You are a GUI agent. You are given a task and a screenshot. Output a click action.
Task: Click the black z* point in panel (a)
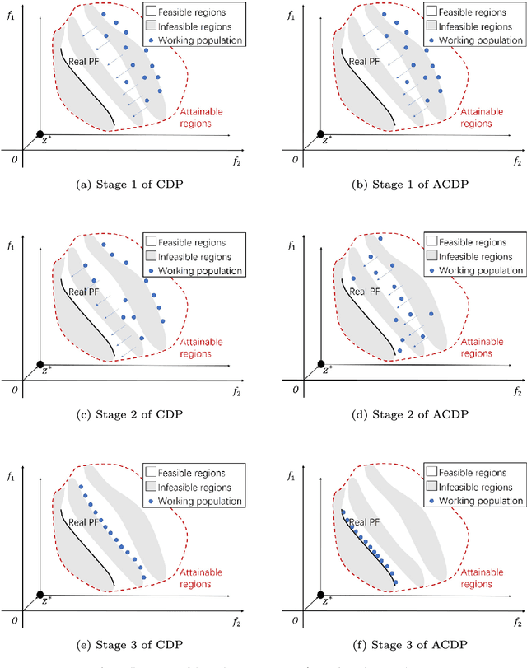pyautogui.click(x=39, y=135)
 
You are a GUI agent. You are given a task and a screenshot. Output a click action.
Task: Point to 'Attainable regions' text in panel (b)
pyautogui.click(x=481, y=116)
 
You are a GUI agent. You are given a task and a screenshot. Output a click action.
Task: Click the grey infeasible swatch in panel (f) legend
pyautogui.click(x=431, y=487)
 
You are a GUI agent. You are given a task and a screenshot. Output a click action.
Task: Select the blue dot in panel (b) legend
pyautogui.click(x=431, y=40)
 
